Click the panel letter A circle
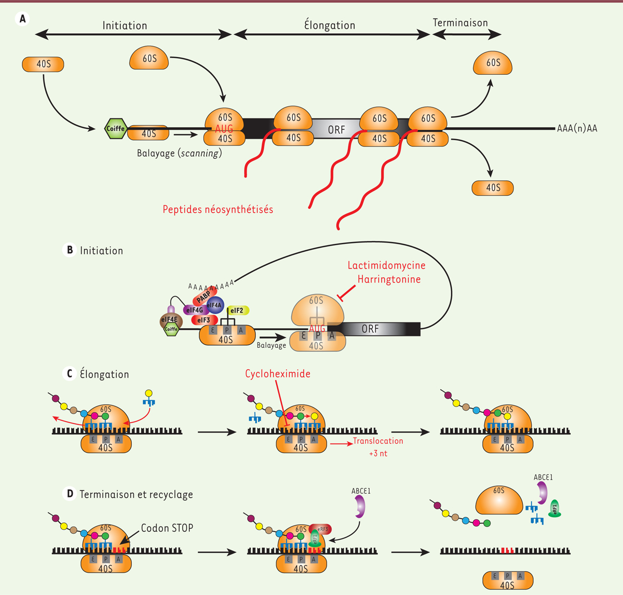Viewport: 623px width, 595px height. tap(22, 19)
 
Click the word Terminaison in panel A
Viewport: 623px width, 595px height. tap(460, 23)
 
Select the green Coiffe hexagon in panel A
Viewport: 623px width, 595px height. tap(115, 128)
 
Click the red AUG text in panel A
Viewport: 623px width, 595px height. tap(224, 128)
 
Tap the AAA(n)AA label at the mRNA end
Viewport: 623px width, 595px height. tap(577, 128)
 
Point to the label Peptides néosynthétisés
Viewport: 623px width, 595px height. tap(218, 210)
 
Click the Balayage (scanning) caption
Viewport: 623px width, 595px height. tap(179, 153)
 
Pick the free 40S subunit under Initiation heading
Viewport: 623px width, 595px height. tap(43, 64)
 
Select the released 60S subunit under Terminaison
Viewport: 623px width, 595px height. tap(493, 63)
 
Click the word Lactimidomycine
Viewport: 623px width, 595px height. tap(386, 265)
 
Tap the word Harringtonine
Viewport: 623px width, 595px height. tap(389, 279)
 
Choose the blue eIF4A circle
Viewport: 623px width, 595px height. tap(215, 306)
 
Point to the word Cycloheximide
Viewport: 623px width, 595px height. tap(278, 374)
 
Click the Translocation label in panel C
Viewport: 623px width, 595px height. tap(378, 441)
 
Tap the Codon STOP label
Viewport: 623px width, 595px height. tap(167, 528)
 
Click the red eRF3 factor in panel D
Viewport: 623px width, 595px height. tap(321, 529)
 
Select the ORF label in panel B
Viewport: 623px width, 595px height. tap(370, 329)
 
